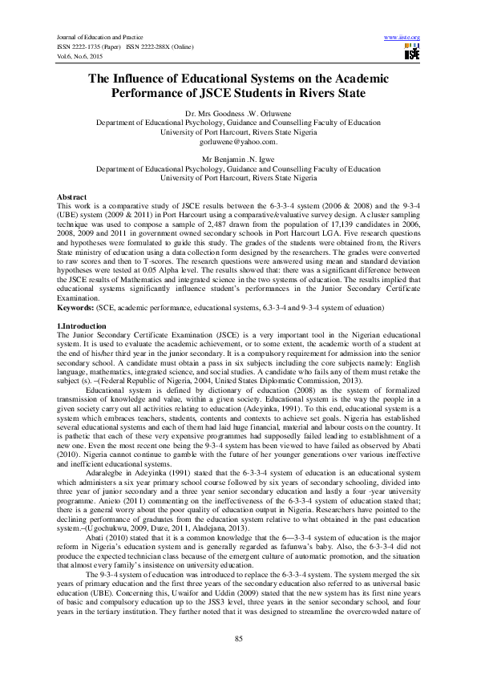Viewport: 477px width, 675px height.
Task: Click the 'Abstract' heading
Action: coord(72,197)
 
